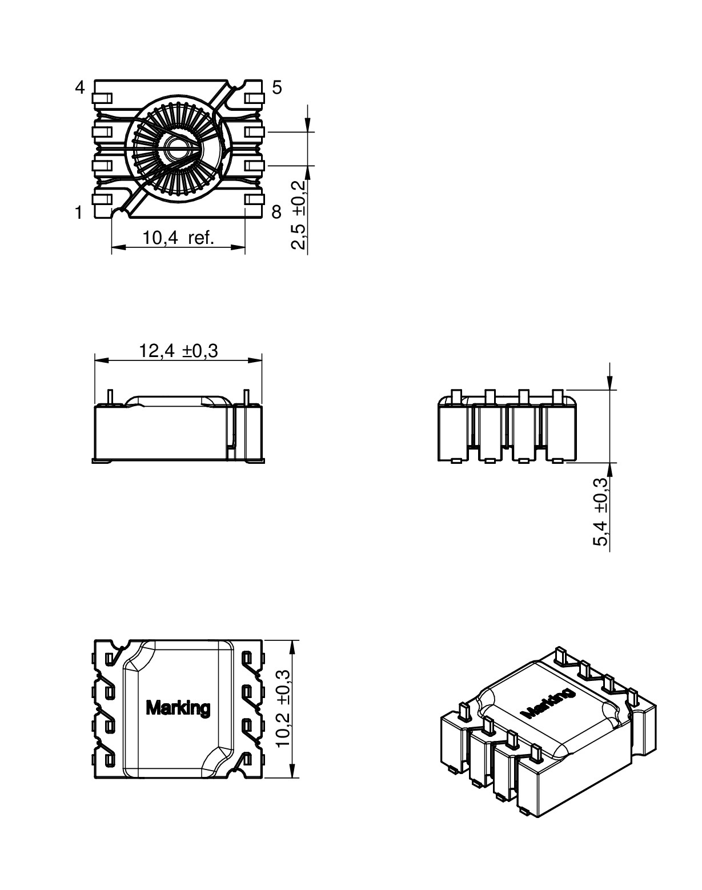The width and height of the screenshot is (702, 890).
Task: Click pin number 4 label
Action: click(x=80, y=87)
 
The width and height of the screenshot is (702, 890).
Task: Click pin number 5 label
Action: click(x=277, y=87)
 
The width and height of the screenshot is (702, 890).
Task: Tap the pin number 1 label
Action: click(x=79, y=213)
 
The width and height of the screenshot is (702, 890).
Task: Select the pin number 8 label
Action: click(x=276, y=212)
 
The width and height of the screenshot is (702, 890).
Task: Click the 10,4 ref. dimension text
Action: click(x=178, y=238)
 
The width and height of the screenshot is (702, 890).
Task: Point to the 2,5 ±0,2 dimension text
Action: click(x=299, y=215)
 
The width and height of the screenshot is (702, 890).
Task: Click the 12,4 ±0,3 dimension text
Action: click(x=178, y=351)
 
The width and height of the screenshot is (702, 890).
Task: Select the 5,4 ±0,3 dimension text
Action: click(x=601, y=512)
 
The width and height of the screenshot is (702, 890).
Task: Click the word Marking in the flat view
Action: click(x=178, y=708)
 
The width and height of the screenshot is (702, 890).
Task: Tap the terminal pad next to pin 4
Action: click(x=102, y=98)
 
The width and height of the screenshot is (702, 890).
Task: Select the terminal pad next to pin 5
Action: click(x=254, y=98)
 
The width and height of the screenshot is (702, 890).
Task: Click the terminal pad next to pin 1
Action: click(x=102, y=200)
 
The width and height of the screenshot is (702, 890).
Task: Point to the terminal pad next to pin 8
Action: click(x=254, y=200)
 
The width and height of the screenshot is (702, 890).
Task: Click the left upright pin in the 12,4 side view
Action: click(x=110, y=398)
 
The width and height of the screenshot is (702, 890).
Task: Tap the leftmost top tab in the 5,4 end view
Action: click(x=456, y=396)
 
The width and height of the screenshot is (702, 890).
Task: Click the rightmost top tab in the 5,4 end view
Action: click(x=558, y=396)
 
